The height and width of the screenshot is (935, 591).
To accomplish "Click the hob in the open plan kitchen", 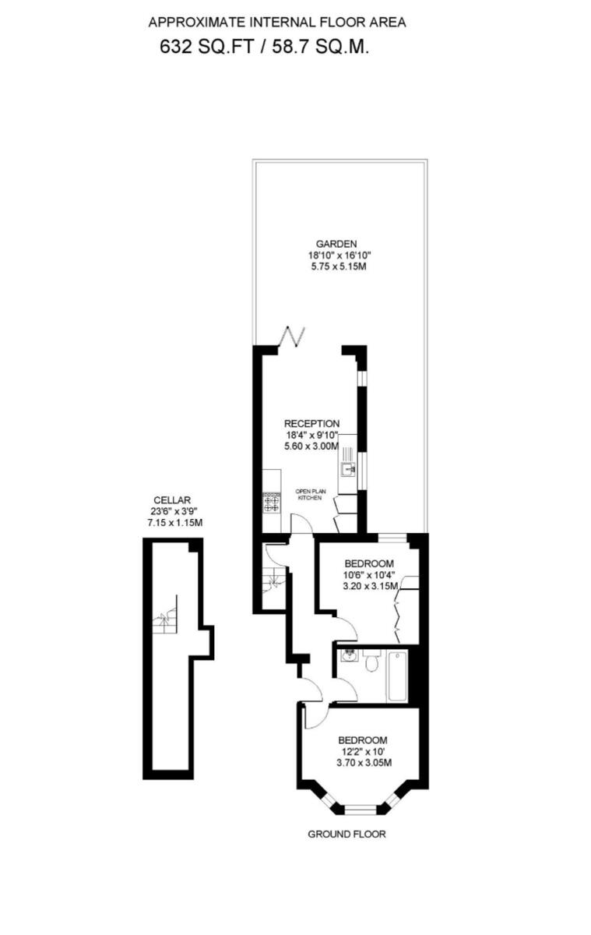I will coord(271,503).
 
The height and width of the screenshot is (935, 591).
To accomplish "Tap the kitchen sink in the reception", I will coord(347,467).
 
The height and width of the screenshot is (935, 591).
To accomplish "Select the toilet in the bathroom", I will coord(371,663).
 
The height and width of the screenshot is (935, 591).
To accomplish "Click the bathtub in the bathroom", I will coord(397,676).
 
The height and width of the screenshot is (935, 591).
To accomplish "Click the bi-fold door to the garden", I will coord(293,337).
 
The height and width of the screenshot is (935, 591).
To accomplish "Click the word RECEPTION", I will coord(311,423).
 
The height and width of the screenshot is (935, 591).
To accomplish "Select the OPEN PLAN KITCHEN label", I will coord(308,494).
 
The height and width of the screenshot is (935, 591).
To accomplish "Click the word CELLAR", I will coord(172,500).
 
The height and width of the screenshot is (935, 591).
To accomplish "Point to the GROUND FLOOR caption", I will coord(347,834).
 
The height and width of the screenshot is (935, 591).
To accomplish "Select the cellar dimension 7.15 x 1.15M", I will coord(174,523).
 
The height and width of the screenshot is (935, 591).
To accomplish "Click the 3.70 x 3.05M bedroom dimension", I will coord(362,764).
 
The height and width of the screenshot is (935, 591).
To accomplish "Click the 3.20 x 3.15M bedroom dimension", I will coord(370,586).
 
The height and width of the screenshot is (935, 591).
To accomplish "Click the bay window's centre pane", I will coord(361,810).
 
